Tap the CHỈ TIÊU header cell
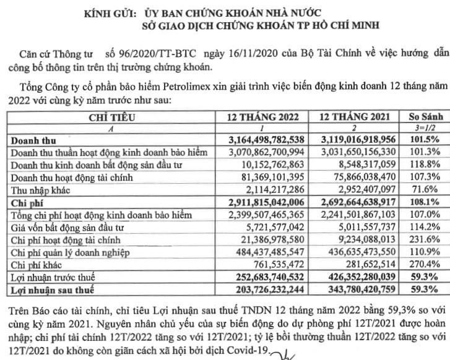pos(110,116)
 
